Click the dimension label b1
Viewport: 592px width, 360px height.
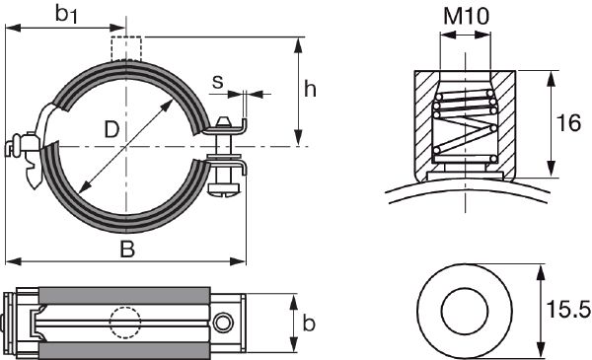(x=66, y=14)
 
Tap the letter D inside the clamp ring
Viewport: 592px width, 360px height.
(x=111, y=129)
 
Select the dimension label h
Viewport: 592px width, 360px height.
(x=310, y=90)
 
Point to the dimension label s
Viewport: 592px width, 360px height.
(x=217, y=82)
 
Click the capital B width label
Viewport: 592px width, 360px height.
(x=127, y=250)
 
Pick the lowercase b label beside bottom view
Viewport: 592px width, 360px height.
(x=309, y=323)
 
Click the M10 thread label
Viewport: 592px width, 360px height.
(x=467, y=16)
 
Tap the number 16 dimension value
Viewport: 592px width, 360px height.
(x=568, y=123)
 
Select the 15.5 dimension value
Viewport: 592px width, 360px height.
(x=568, y=310)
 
